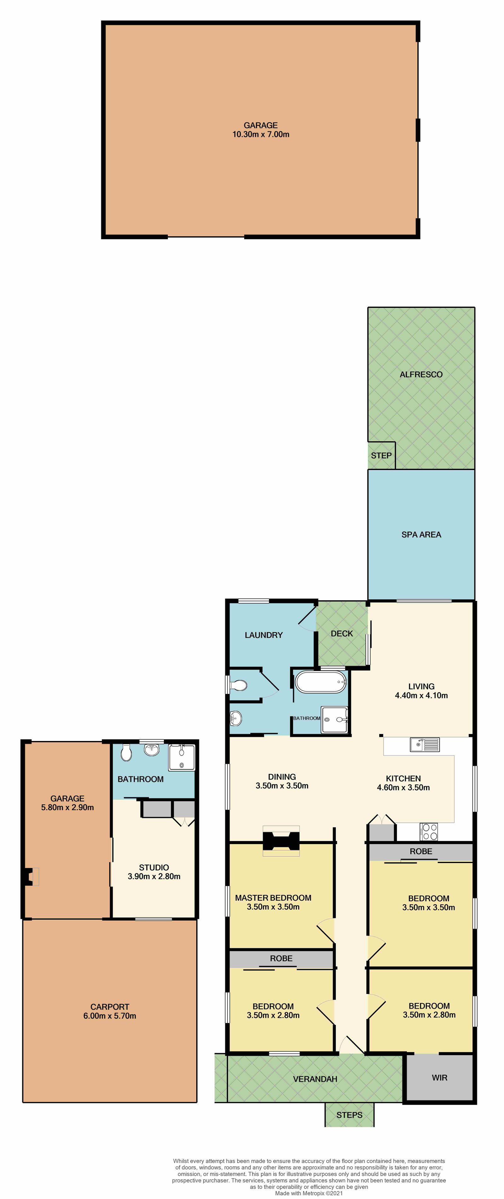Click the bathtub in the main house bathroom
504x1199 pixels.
point(321,682)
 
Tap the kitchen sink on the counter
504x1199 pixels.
point(425,745)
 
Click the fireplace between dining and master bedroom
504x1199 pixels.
point(281,841)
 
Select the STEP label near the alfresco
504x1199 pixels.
point(381,456)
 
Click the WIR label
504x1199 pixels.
point(439,1078)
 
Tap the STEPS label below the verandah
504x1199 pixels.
point(349,1115)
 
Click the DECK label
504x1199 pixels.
point(342,633)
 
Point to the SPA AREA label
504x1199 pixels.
point(421,535)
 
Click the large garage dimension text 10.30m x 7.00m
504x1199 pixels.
point(261,134)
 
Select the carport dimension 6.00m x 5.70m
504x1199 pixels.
point(110,1016)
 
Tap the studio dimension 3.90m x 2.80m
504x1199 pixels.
point(154,876)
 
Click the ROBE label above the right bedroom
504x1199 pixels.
point(421,851)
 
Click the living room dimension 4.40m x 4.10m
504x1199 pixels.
point(421,695)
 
